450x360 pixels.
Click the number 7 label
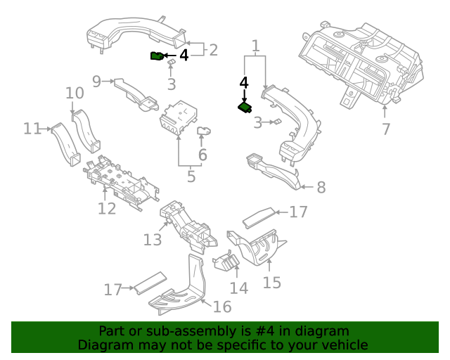tap(385, 129)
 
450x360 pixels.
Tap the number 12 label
tap(106, 209)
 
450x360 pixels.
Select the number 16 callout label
tap(222, 307)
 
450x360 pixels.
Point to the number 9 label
tap(97, 81)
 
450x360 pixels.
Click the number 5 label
tap(191, 176)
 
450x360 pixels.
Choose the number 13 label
tap(153, 240)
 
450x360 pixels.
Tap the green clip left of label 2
tap(157, 56)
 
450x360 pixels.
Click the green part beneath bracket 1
tap(245, 108)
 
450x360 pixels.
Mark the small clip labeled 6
tap(204, 131)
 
